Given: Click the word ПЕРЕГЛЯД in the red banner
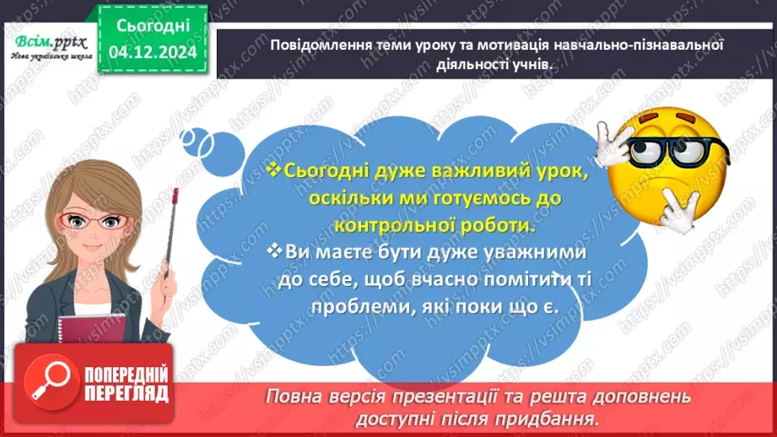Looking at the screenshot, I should point(126,393).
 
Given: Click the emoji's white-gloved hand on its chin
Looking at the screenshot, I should point(678,206).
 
